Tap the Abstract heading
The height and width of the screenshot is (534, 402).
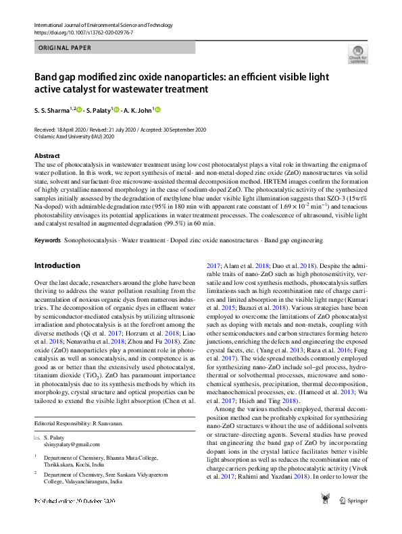click(47, 155)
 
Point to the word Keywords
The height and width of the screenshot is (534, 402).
click(48, 240)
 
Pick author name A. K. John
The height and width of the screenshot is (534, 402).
click(139, 110)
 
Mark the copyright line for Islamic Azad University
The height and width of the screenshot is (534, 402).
click(74, 135)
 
